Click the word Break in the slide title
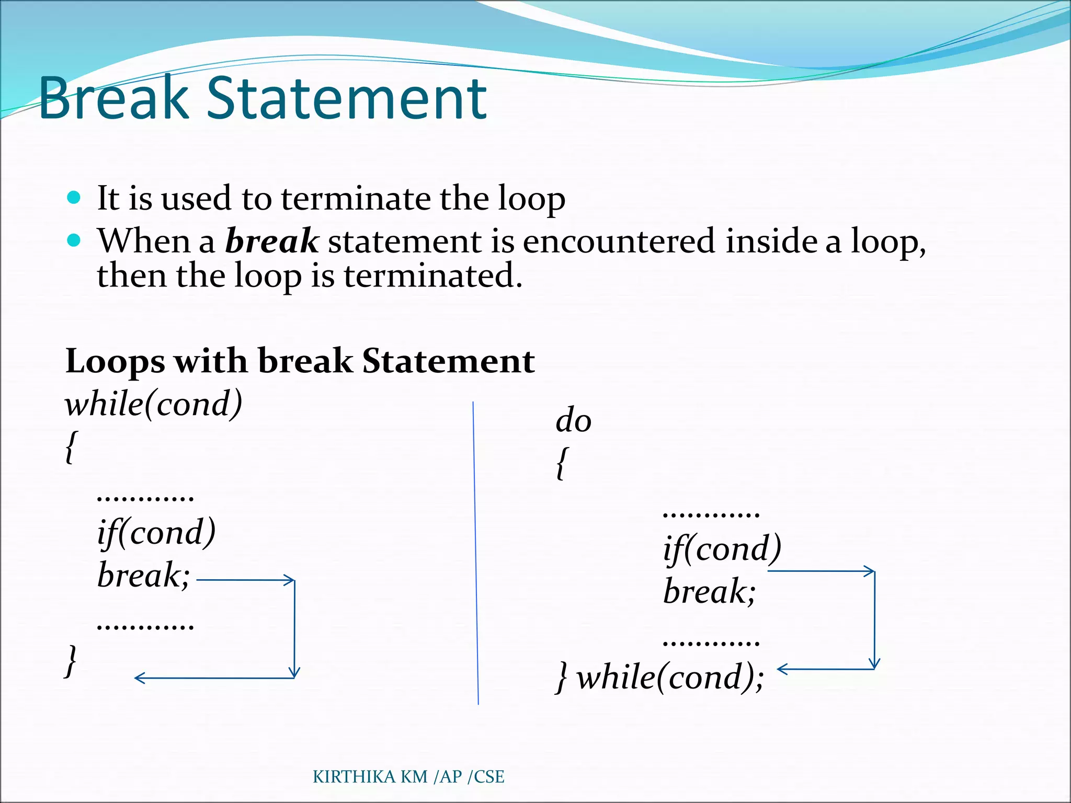(x=112, y=98)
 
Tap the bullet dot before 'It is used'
(x=74, y=198)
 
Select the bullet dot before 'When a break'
(x=74, y=240)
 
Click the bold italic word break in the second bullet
(x=271, y=241)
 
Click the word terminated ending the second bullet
(x=432, y=276)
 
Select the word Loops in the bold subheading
(x=115, y=362)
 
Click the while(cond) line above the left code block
(x=154, y=404)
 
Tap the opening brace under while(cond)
(x=72, y=446)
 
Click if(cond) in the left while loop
(x=156, y=533)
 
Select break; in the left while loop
(x=143, y=576)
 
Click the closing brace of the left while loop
(x=71, y=661)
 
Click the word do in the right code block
(x=573, y=420)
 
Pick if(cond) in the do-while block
(x=722, y=549)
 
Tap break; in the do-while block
(x=709, y=592)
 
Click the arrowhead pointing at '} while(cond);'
(x=782, y=669)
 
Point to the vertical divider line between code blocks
(x=476, y=554)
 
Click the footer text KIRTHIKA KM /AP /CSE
(x=408, y=777)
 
